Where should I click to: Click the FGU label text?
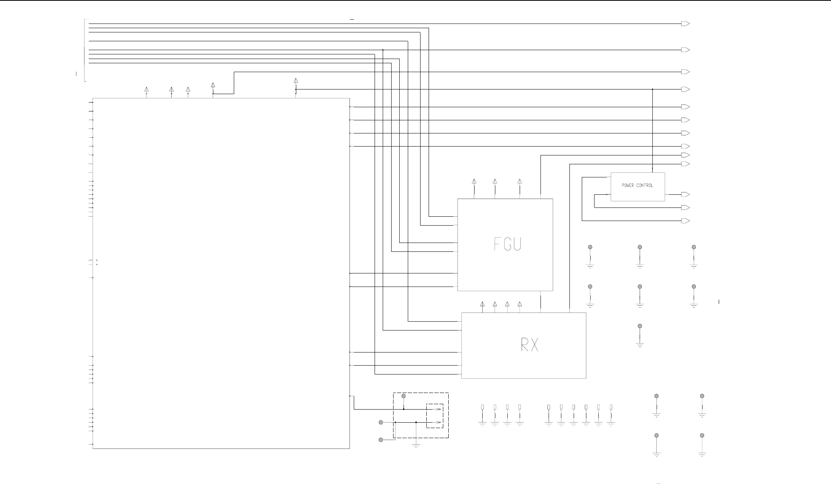coord(508,244)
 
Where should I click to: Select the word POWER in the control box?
coord(628,186)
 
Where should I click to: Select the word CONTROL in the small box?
coord(645,186)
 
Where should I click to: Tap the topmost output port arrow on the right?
coord(685,24)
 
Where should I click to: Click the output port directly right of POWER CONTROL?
coord(685,195)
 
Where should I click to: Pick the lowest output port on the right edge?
coord(685,221)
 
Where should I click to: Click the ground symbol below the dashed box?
coord(416,445)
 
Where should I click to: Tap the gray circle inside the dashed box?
coord(404,396)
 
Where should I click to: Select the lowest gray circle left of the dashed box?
coord(381,440)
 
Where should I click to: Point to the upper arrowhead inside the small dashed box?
coord(439,409)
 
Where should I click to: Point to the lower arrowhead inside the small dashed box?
coord(439,422)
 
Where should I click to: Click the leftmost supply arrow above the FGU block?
coord(474,181)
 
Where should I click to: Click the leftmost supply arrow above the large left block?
coord(147,89)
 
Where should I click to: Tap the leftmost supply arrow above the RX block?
coord(482,304)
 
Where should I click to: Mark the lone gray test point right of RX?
coord(640,326)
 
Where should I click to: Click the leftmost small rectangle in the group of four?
coord(482,407)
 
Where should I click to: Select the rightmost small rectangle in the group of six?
coord(611,407)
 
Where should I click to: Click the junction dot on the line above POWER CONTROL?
coord(652,89)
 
